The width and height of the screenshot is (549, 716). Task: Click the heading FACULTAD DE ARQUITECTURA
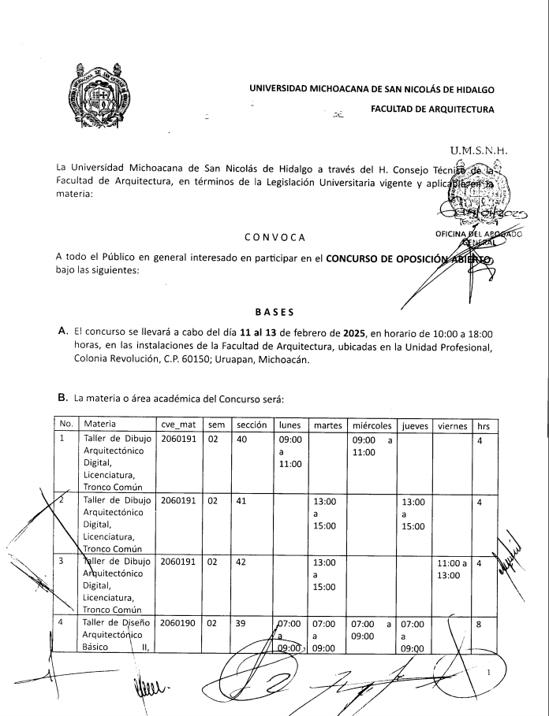pos(432,109)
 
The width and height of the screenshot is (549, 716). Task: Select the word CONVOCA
pos(274,237)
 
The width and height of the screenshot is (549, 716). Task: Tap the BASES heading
pos(274,313)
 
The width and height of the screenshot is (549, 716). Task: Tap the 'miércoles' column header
pos(372,425)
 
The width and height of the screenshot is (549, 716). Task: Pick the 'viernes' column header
pos(452,425)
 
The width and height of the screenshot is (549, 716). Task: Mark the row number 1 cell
pos(63,439)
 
